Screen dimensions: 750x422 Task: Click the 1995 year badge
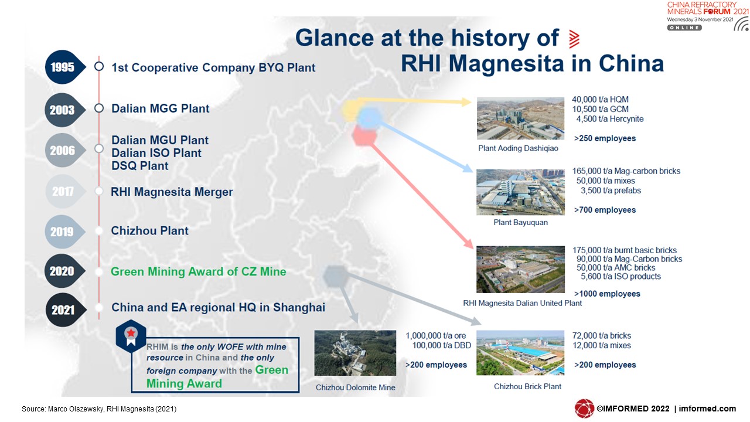[64, 67]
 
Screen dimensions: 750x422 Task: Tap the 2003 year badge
[64, 110]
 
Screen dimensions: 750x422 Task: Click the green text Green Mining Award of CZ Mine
[198, 271]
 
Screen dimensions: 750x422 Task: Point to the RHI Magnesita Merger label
[172, 192]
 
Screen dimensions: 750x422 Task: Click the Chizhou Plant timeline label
[149, 231]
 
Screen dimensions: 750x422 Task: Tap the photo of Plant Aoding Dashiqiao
[520, 118]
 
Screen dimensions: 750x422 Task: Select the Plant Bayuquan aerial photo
[520, 192]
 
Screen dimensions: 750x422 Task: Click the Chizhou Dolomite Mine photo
[355, 353]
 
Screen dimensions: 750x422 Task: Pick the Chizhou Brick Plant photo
[520, 353]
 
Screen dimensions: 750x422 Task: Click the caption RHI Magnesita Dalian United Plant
[522, 303]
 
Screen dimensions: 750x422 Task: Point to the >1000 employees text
[607, 294]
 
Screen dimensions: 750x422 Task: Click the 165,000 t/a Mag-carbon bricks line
[626, 171]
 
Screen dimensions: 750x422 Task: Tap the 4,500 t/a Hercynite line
[610, 119]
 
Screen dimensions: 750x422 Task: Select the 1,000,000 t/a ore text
[435, 336]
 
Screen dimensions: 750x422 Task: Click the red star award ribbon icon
[131, 336]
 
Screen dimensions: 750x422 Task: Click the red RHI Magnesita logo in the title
[574, 39]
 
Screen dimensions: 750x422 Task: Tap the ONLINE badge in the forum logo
[684, 28]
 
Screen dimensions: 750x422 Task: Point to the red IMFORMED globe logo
[584, 409]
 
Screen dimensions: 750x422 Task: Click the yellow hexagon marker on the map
[351, 111]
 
